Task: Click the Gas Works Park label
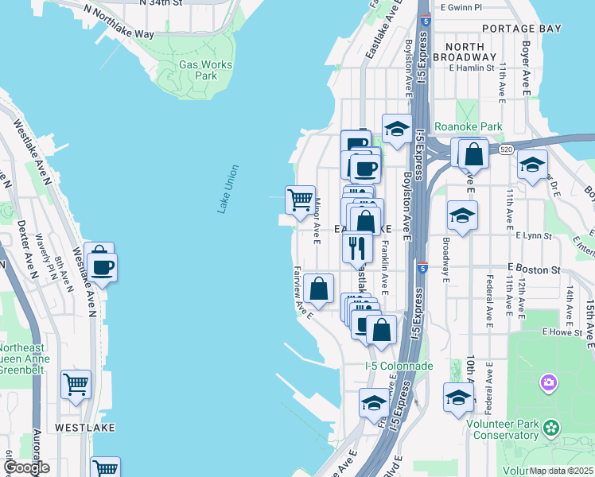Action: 205,70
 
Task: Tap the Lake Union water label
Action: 228,188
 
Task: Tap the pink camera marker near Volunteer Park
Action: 549,384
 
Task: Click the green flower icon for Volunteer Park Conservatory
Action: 550,429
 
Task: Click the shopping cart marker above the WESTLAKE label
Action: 76,385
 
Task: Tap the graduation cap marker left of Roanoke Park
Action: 396,128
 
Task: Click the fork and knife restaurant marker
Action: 357,246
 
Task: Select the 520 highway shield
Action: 506,149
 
